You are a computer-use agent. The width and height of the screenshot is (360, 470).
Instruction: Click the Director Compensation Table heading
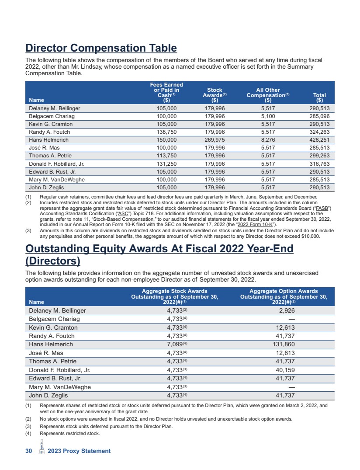(101, 48)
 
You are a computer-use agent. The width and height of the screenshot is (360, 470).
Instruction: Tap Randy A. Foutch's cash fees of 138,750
(166, 132)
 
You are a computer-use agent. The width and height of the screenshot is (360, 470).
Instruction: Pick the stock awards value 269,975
(215, 140)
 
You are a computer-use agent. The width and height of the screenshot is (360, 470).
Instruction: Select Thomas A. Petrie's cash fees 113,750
(166, 156)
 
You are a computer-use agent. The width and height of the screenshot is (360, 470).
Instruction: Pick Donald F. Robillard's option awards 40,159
(285, 370)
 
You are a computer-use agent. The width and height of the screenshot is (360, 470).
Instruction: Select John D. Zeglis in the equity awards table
(48, 395)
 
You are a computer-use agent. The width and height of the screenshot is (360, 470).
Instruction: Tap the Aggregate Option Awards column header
(283, 296)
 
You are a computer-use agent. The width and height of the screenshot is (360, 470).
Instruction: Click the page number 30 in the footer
(29, 451)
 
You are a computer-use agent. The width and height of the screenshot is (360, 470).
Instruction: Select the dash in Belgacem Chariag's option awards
(291, 319)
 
